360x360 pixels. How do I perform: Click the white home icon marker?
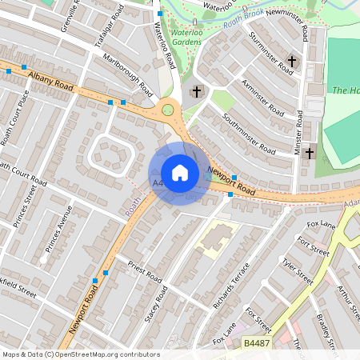pyautogui.click(x=180, y=173)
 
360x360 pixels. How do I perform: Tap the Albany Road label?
pyautogui.click(x=49, y=78)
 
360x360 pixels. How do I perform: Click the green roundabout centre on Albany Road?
pyautogui.click(x=168, y=110)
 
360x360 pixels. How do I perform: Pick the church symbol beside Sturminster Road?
pyautogui.click(x=293, y=61)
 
